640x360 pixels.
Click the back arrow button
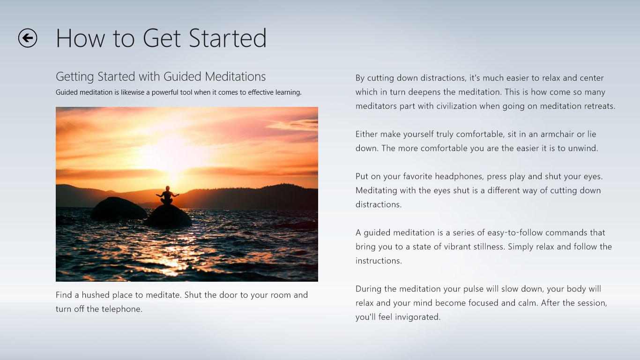pyautogui.click(x=28, y=38)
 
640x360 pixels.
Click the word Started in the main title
pyautogui.click(x=228, y=38)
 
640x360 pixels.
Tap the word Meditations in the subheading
pyautogui.click(x=235, y=76)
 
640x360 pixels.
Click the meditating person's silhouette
pyautogui.click(x=167, y=195)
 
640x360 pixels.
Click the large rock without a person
pyautogui.click(x=118, y=209)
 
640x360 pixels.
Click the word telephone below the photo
pyautogui.click(x=121, y=309)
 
